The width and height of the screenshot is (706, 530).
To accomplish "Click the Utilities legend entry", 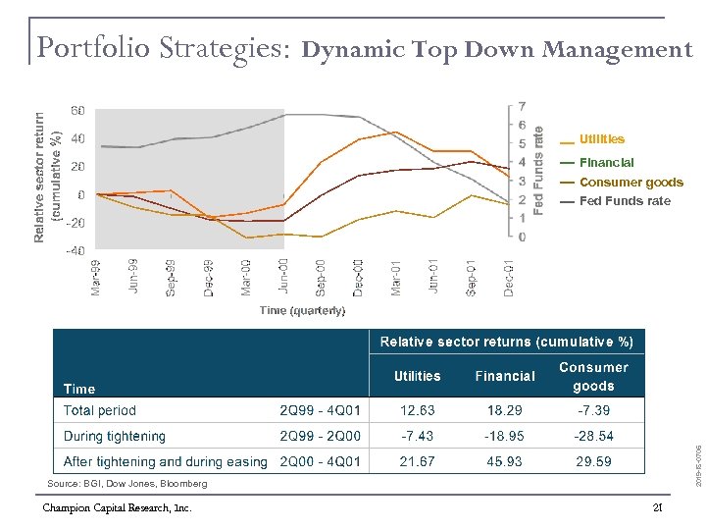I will click(601, 139).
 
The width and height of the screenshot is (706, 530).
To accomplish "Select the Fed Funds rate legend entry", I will click(625, 201).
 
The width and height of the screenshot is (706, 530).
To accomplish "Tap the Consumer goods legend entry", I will click(630, 182).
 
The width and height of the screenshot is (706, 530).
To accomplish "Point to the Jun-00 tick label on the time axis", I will click(283, 276).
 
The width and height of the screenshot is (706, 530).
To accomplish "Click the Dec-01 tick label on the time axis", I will click(509, 276).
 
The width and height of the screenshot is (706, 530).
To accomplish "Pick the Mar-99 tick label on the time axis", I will click(95, 276).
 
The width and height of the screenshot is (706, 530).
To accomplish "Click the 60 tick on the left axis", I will click(76, 110).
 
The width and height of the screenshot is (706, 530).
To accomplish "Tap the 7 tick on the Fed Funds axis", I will click(522, 106).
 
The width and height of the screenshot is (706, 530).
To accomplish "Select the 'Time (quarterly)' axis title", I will click(302, 310).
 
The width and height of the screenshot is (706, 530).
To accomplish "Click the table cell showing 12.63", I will click(417, 410).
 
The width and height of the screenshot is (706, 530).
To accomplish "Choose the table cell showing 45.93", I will click(504, 461).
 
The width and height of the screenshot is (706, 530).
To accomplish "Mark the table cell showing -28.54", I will click(592, 436).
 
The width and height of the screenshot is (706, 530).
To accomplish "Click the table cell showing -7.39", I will click(592, 410).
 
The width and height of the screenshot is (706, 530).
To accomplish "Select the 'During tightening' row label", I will click(115, 436).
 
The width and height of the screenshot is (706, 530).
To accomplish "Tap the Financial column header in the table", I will click(505, 376).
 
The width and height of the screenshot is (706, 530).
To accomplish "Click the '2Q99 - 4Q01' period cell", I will click(320, 410).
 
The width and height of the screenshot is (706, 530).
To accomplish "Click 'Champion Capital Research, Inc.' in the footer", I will click(117, 507).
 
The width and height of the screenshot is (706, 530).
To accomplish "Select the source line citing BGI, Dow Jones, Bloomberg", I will click(127, 484).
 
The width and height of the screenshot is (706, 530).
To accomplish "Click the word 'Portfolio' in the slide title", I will click(86, 47).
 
